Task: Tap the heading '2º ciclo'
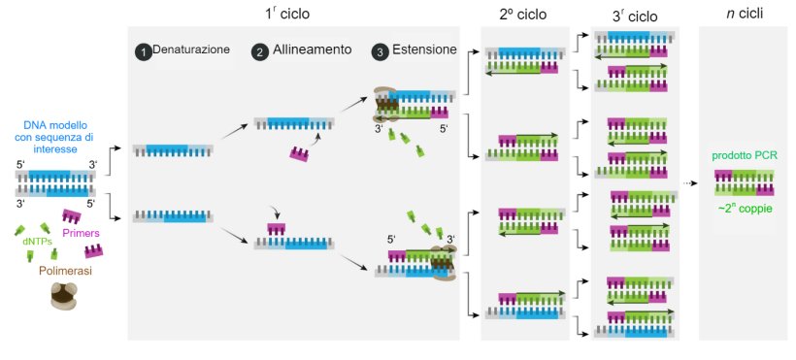523,15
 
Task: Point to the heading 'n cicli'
744,15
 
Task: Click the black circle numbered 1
144,52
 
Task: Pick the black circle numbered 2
259,52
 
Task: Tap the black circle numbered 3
382,52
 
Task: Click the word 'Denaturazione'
192,50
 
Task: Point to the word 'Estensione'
425,50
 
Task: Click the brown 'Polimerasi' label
66,272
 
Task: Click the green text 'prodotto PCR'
745,155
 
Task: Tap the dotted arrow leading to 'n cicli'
690,182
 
